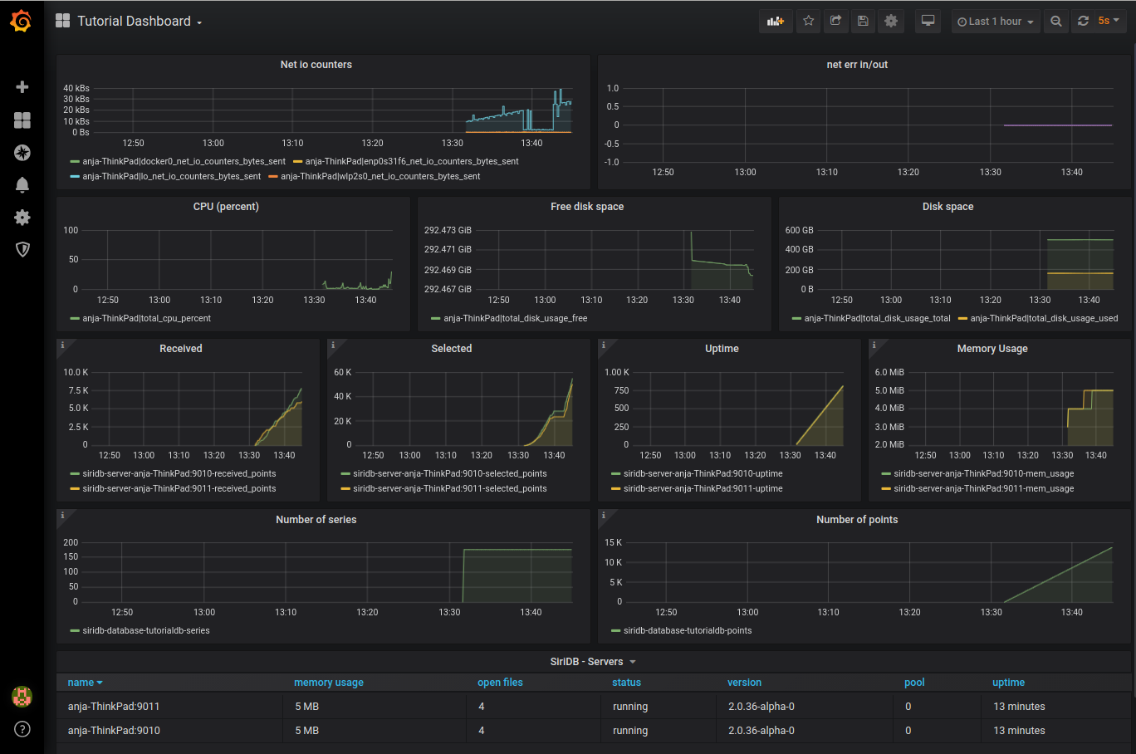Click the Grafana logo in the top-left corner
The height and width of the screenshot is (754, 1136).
22,22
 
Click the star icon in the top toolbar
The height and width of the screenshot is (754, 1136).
808,22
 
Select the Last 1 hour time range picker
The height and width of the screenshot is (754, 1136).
995,22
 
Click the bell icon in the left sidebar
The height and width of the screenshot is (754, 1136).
22,185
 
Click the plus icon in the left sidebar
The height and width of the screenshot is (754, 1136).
22,87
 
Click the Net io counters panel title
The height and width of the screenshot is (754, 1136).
316,65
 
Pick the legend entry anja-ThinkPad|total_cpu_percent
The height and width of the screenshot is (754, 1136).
146,319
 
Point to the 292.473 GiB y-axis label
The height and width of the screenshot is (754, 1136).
448,230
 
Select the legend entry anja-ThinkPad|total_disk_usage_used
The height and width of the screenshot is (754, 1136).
1043,319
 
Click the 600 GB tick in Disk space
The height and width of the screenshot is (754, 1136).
799,230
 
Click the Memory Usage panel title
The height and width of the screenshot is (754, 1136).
992,349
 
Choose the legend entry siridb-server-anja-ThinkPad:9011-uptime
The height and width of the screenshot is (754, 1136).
703,489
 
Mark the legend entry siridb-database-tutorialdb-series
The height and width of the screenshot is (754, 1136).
145,631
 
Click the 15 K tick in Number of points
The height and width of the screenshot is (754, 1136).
613,542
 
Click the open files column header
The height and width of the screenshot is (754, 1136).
500,683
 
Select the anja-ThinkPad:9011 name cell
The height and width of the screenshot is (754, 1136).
114,707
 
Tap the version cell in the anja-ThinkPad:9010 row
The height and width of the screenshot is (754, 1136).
761,731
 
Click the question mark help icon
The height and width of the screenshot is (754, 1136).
22,729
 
